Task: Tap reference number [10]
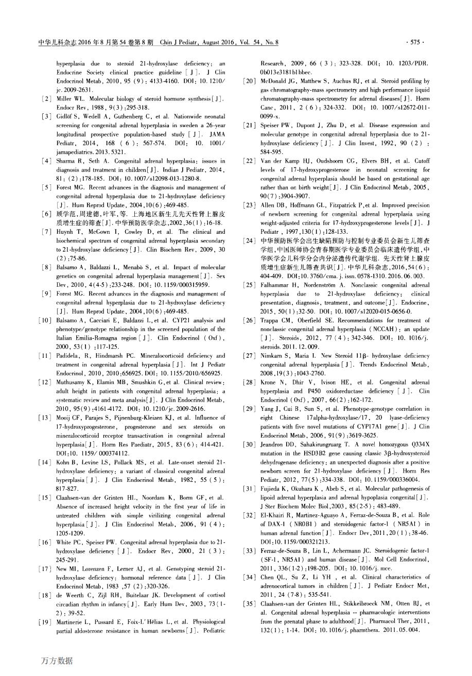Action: coord(45,320)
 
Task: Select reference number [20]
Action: coord(249,81)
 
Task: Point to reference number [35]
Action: coord(249,603)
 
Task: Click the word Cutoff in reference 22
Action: coord(420,161)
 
